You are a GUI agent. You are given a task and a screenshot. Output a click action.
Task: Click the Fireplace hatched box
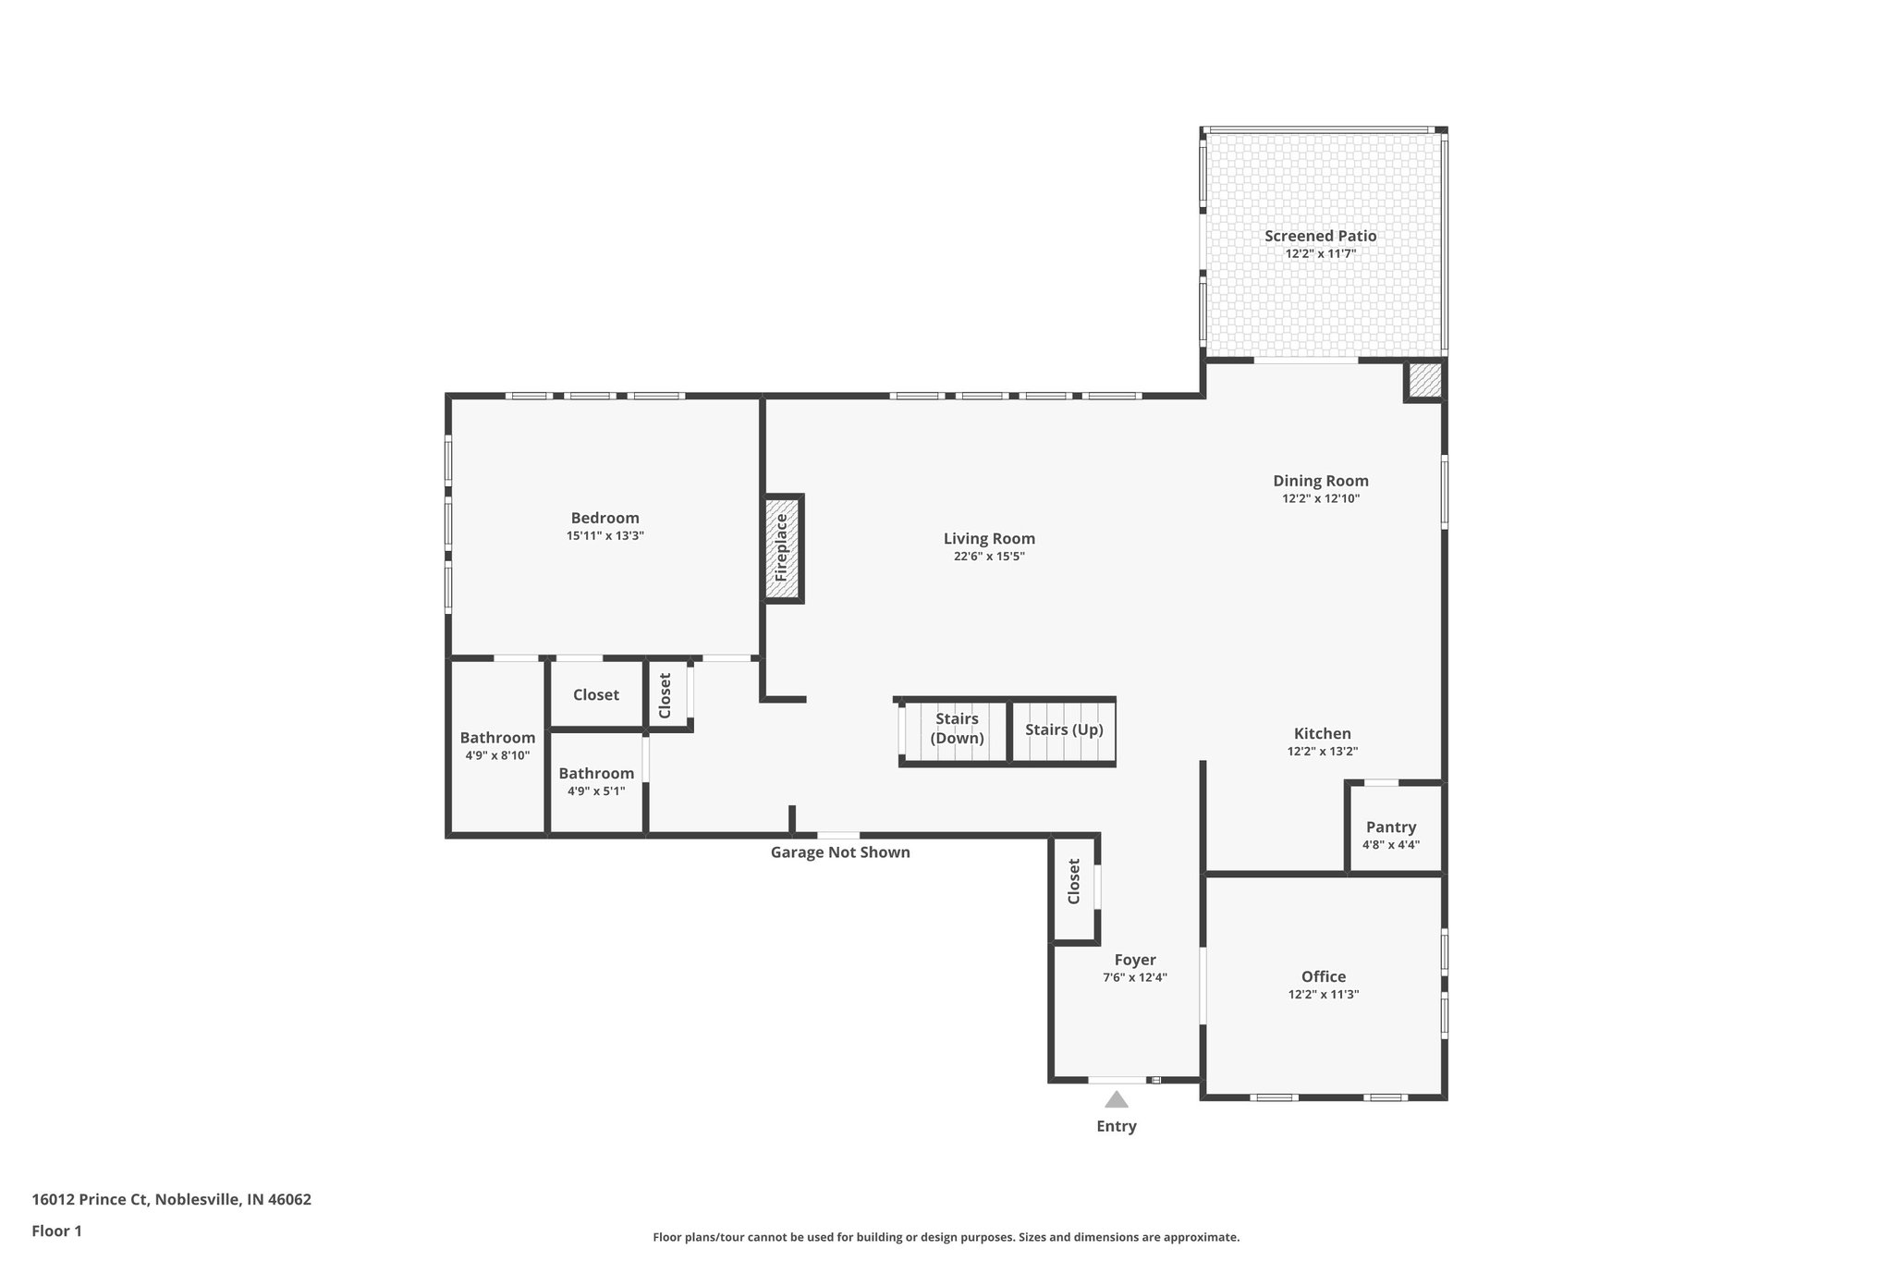tap(782, 548)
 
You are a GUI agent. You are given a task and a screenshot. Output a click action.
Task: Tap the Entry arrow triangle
tap(1117, 1099)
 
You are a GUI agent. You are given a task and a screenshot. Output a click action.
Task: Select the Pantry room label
tap(1391, 827)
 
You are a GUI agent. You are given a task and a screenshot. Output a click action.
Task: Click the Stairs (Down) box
tap(956, 730)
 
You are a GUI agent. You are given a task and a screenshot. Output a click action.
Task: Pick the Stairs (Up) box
tap(1064, 730)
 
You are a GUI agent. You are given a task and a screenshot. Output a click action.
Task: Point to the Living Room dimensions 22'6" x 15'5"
tap(989, 557)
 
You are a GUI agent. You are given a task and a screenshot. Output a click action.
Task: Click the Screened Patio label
tap(1320, 237)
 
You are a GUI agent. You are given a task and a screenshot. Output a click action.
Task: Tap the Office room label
tap(1323, 977)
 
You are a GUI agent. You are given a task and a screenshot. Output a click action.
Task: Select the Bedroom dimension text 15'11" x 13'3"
tap(605, 535)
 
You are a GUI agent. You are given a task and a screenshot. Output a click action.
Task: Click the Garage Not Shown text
tap(840, 852)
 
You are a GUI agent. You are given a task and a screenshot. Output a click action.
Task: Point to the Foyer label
tap(1134, 961)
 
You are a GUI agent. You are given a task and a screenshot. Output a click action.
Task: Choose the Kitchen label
tap(1322, 734)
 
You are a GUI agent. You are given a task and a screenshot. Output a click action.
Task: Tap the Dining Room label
tap(1320, 481)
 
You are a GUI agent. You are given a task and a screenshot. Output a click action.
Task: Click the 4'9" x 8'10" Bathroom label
tap(497, 738)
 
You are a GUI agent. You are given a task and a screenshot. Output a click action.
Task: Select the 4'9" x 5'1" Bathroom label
tap(596, 774)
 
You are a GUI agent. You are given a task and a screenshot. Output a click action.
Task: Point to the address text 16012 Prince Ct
tap(171, 1200)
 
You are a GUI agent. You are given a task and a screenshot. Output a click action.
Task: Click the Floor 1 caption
tap(56, 1231)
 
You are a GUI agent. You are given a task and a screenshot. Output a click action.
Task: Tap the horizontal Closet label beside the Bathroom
tap(595, 695)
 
